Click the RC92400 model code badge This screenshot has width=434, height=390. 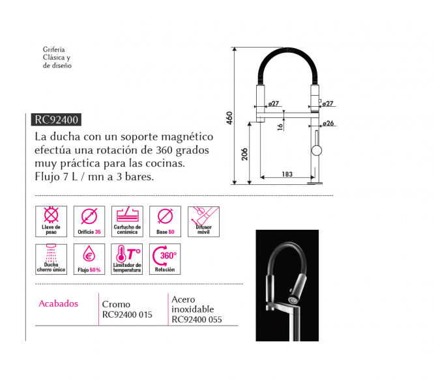point(56,120)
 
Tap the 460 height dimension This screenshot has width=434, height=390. point(229,118)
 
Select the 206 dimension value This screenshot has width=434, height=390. point(244,154)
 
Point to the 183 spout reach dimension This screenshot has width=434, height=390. point(287,174)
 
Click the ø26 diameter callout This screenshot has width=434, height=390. point(328,123)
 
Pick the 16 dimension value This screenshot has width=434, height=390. point(280,127)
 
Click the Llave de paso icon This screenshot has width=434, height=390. point(51,221)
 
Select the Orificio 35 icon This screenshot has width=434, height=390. point(89,221)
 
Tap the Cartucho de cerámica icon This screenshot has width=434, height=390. point(127,221)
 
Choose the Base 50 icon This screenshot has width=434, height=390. point(166,221)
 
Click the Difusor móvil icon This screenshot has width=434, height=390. point(203,221)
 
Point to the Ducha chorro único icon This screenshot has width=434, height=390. point(51,259)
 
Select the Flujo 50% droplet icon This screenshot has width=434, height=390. point(89,259)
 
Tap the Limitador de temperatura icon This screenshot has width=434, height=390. point(127,259)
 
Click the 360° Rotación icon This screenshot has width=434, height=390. point(165,259)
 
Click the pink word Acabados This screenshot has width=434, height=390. point(59,303)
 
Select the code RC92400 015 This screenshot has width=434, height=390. point(127,314)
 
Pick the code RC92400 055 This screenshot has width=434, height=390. point(197,320)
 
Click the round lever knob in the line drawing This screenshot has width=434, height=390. point(317,150)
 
